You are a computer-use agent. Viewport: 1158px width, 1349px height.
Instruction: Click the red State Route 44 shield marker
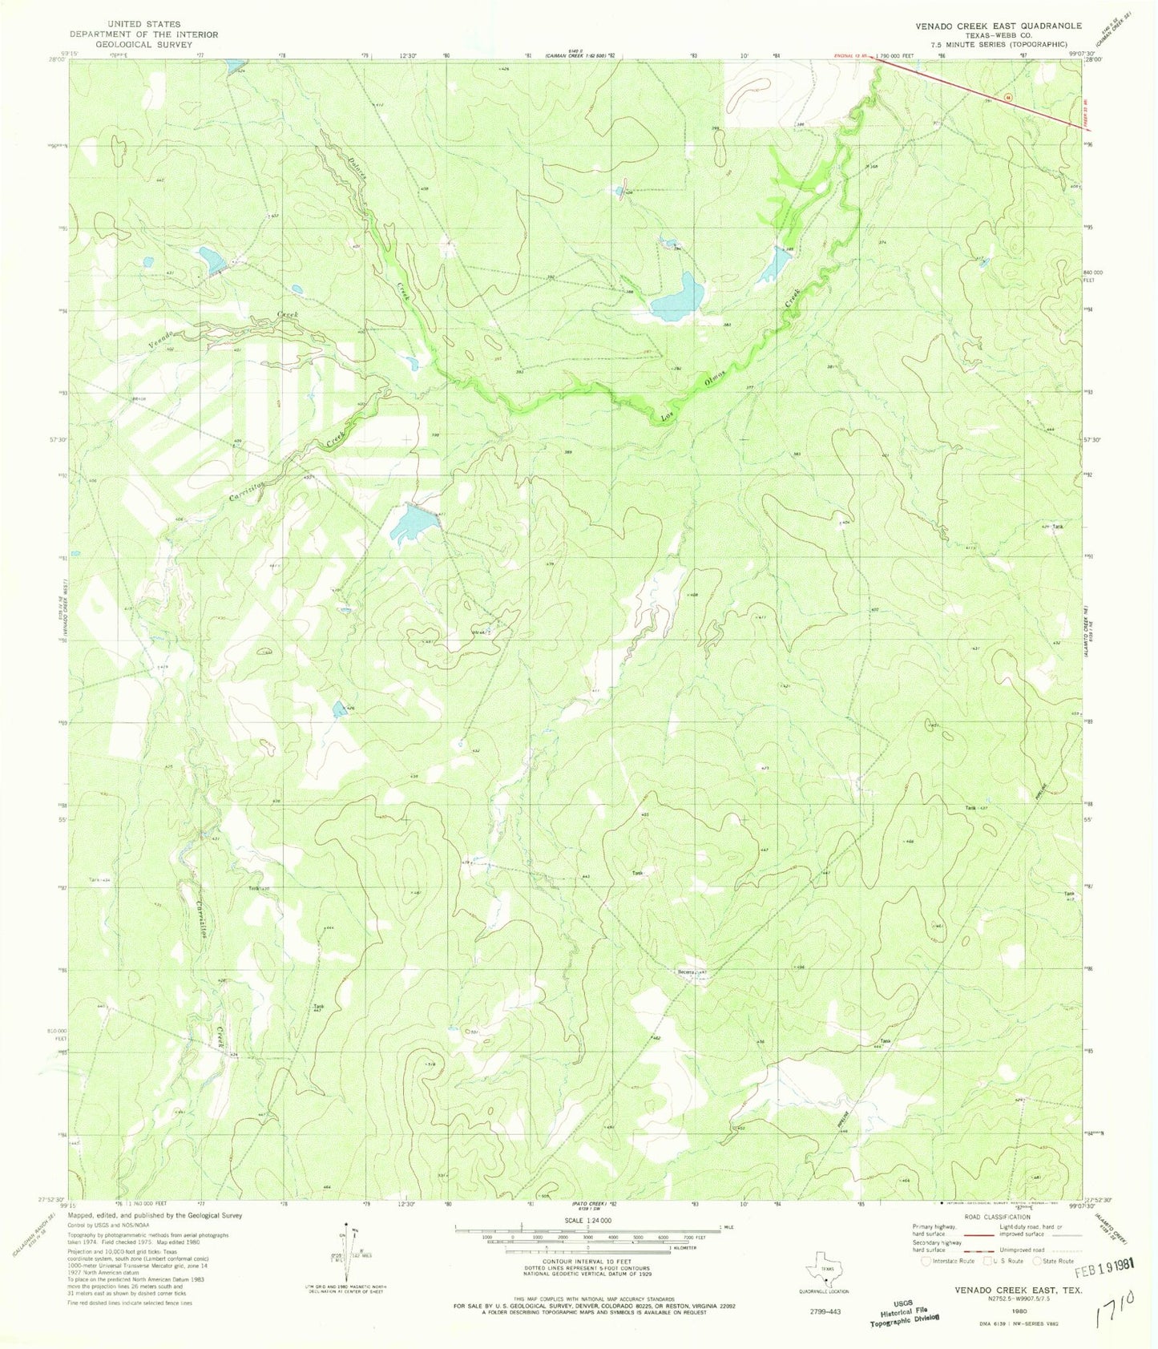click(1008, 96)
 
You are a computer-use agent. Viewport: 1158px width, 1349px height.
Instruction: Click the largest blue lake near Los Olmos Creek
click(677, 297)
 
